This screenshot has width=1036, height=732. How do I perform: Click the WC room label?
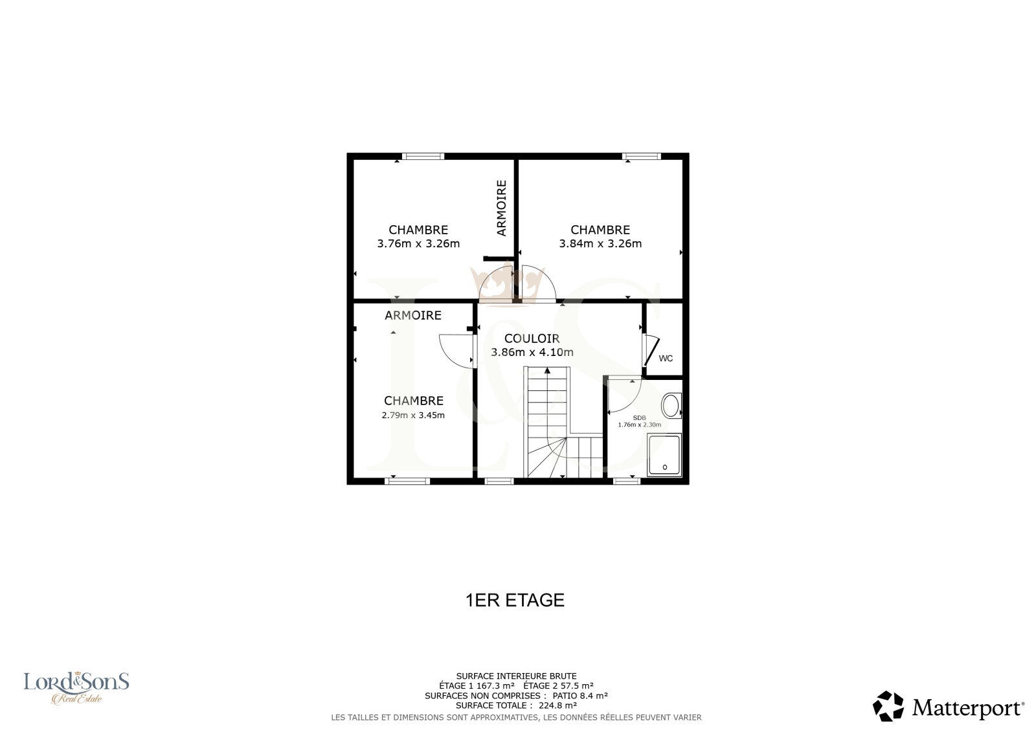tap(666, 359)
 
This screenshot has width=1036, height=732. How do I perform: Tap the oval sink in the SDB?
tap(670, 406)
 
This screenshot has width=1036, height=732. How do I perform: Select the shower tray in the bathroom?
tap(664, 454)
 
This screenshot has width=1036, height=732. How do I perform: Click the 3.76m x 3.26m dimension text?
tap(418, 244)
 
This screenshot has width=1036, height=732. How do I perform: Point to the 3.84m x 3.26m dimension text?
tap(600, 244)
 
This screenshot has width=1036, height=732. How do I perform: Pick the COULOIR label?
tap(532, 338)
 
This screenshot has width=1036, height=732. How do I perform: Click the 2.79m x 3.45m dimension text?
tap(413, 416)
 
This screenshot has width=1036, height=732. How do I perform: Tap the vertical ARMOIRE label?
tap(501, 208)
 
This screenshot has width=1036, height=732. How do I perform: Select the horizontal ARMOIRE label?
tap(413, 315)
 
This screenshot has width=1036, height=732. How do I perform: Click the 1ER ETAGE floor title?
tap(515, 600)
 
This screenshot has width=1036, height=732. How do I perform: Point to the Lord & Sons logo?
tap(76, 687)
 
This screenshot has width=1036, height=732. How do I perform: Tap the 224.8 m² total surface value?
tap(557, 705)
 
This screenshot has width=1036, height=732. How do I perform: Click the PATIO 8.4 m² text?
tap(580, 696)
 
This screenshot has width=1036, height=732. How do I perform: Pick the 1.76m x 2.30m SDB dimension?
tap(640, 425)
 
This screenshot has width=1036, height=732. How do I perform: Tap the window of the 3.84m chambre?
tap(642, 156)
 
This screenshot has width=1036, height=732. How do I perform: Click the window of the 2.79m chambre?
tap(407, 482)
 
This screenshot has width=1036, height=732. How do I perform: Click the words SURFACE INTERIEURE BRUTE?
tap(516, 676)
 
